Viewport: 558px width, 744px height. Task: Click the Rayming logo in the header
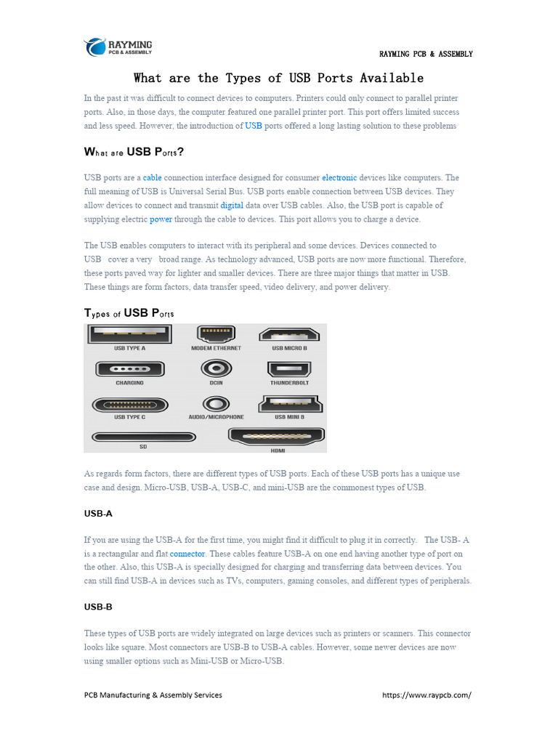coord(118,46)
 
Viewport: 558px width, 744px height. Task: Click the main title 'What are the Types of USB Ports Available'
coord(278,78)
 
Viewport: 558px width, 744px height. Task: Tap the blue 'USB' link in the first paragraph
coord(254,126)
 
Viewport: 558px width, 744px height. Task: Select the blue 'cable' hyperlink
coord(152,177)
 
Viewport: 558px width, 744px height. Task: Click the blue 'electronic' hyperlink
coord(339,177)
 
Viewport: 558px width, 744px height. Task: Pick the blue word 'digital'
coord(232,205)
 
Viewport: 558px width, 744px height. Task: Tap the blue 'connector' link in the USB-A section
coord(187,553)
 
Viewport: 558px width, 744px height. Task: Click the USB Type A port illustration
coord(129,334)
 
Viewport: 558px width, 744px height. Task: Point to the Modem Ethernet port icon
coord(216,334)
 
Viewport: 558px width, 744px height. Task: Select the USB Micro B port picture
coord(289,334)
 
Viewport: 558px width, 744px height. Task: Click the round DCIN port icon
coord(216,368)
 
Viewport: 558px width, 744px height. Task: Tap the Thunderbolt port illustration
coord(289,369)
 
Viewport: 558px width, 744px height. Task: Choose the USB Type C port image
coord(129,404)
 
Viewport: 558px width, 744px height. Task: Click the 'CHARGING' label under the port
coord(129,383)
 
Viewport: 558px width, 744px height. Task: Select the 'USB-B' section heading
coord(98,606)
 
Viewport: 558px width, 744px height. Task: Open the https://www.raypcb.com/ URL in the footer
coord(426,695)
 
